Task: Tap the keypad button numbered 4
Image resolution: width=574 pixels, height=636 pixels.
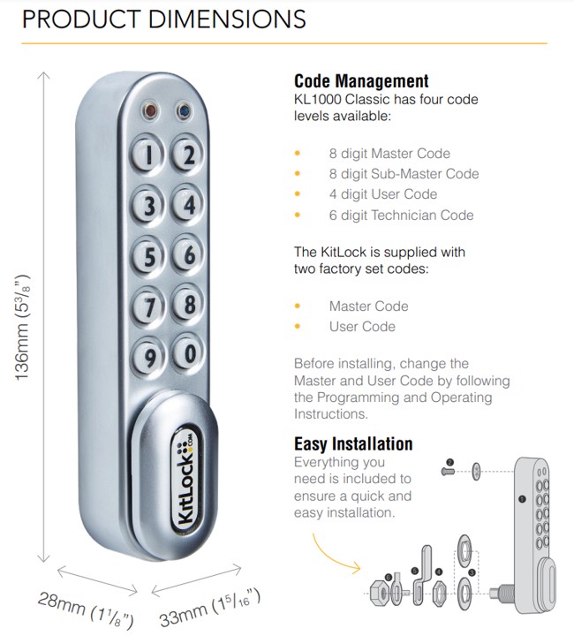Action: [x=187, y=206]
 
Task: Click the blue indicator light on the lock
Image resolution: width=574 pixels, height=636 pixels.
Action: [x=183, y=112]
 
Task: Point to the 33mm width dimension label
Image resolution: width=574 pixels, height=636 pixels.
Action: [x=210, y=609]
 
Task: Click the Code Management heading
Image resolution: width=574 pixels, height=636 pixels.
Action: [x=361, y=81]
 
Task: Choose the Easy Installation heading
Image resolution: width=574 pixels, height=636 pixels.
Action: [x=353, y=443]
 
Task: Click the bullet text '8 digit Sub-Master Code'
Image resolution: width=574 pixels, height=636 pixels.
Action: [x=404, y=174]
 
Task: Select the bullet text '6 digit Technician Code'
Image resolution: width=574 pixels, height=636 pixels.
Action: [x=401, y=215]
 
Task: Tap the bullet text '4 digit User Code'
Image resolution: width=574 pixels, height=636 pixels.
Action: [x=382, y=194]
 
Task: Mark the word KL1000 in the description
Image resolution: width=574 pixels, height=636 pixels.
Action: [x=318, y=100]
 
